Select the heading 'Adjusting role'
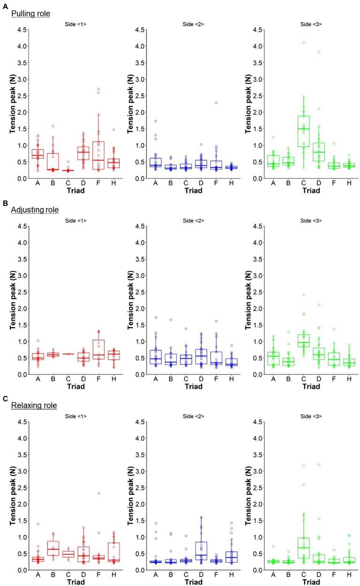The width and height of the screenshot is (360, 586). point(35,210)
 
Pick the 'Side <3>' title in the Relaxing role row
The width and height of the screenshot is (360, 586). point(310,416)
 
